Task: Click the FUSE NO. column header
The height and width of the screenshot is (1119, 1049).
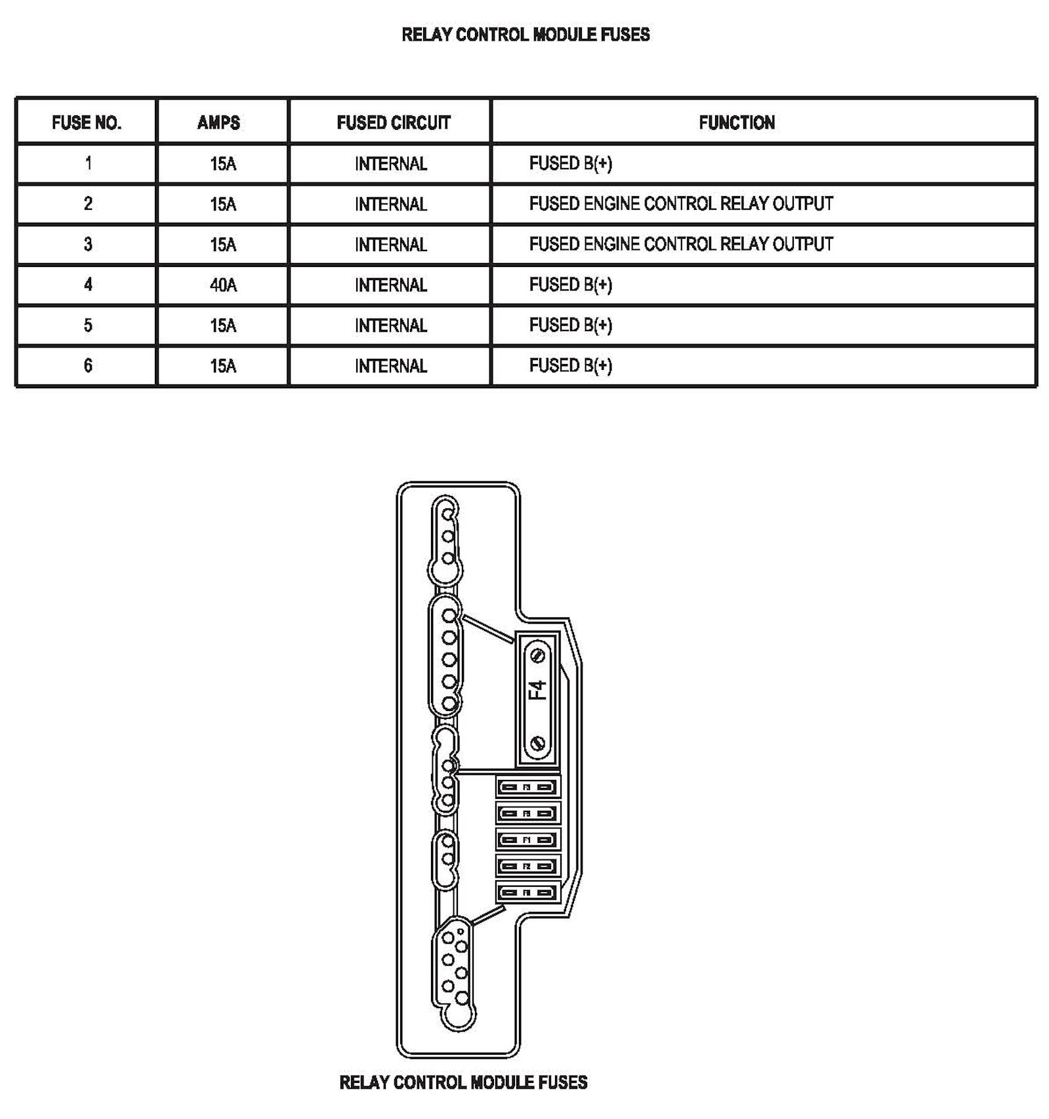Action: click(87, 123)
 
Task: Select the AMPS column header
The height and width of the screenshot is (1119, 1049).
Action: click(218, 123)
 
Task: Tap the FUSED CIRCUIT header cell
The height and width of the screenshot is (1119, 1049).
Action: click(393, 123)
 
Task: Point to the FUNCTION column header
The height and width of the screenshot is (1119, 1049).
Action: click(736, 123)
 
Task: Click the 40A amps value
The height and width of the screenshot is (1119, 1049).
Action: click(223, 285)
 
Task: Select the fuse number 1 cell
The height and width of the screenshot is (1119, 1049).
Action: click(88, 163)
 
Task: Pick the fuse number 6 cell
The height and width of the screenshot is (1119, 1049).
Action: click(88, 365)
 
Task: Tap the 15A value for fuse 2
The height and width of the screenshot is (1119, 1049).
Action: click(223, 204)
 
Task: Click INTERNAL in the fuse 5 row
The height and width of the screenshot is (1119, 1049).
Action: click(390, 326)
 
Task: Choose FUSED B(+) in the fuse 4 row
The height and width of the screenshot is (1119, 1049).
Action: click(570, 285)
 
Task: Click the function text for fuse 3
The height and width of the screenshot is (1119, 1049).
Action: click(680, 245)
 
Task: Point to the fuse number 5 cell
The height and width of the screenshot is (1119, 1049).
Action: click(88, 325)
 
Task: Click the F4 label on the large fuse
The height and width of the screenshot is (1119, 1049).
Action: click(537, 690)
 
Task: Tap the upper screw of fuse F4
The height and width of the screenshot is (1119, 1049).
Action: click(537, 655)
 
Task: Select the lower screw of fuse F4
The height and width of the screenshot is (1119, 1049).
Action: click(537, 743)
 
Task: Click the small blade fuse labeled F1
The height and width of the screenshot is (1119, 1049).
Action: click(527, 840)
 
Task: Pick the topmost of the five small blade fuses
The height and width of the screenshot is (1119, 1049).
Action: click(527, 786)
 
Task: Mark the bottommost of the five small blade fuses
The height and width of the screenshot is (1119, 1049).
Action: click(527, 892)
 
